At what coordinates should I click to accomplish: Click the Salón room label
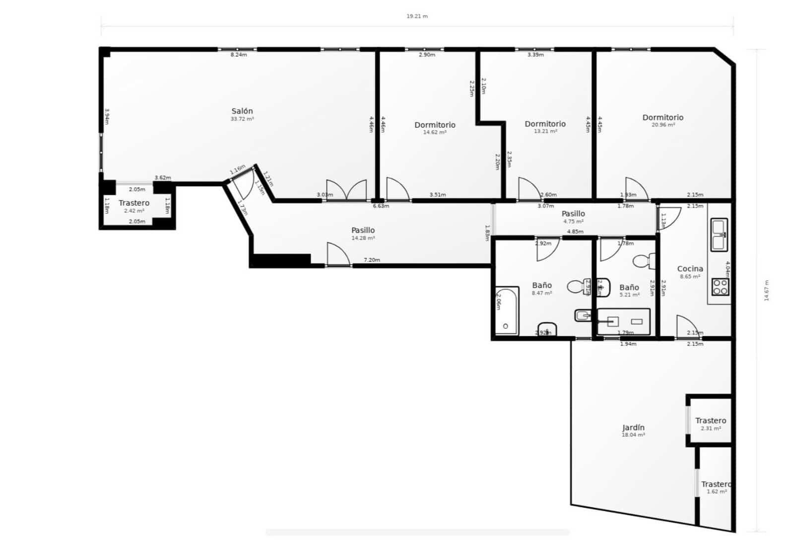242,111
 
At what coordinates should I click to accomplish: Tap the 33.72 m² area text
242,119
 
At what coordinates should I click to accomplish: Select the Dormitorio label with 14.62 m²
435,125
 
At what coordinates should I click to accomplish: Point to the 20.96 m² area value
663,125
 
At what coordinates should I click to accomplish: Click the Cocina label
690,269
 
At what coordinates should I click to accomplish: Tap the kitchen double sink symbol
719,235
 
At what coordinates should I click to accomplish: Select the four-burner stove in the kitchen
720,287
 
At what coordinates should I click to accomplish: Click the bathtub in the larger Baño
506,311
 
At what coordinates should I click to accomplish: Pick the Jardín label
633,427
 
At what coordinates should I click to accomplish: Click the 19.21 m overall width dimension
417,16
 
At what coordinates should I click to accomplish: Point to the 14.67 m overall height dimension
766,290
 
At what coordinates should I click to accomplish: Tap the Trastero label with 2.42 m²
134,203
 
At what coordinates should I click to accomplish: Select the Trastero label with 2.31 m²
711,421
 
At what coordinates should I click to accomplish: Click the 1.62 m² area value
717,491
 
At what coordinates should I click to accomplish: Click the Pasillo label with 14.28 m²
363,230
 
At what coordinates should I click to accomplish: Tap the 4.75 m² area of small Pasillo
573,222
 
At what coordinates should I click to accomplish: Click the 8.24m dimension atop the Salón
239,55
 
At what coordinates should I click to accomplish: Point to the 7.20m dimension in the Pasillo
372,260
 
